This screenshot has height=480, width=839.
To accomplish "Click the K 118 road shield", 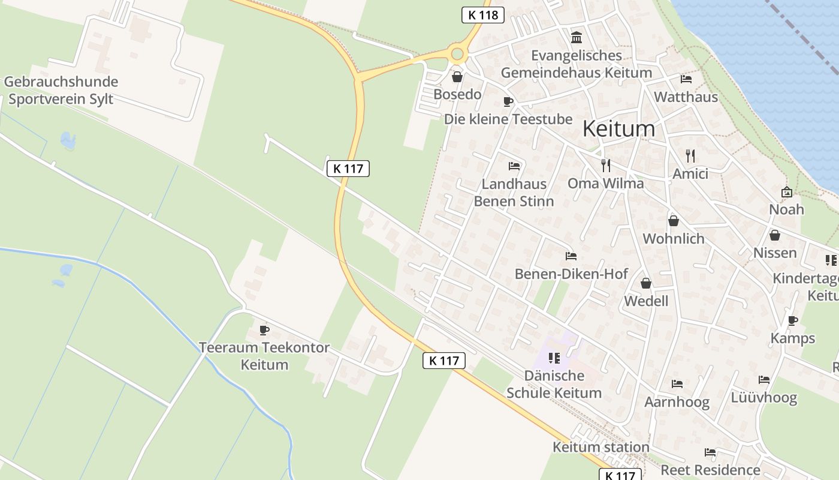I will pyautogui.click(x=483, y=15).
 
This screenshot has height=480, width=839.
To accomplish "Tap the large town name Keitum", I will pyautogui.click(x=618, y=128).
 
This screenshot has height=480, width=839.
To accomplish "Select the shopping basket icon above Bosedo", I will pyautogui.click(x=457, y=77).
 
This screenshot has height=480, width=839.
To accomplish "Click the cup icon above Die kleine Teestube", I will pyautogui.click(x=508, y=101).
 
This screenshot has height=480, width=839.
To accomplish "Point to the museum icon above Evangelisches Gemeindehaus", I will pyautogui.click(x=577, y=37).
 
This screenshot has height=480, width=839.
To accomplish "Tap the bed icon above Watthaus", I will pyautogui.click(x=686, y=79).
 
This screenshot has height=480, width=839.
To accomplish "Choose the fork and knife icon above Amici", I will pyautogui.click(x=690, y=156).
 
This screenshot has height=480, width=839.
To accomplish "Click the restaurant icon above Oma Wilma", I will pyautogui.click(x=606, y=166).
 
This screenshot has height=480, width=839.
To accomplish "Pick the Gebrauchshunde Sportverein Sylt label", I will pyautogui.click(x=61, y=90).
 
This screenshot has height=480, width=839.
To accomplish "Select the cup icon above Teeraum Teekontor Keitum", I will pyautogui.click(x=264, y=330).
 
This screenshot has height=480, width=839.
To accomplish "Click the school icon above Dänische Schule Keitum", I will pyautogui.click(x=554, y=358).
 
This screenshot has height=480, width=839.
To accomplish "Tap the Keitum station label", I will pyautogui.click(x=600, y=447).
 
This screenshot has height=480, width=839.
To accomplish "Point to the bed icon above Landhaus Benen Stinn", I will pyautogui.click(x=514, y=166).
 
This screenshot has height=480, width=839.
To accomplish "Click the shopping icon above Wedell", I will pyautogui.click(x=646, y=283).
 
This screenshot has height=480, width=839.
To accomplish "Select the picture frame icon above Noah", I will pyautogui.click(x=786, y=192).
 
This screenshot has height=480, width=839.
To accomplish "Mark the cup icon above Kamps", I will pyautogui.click(x=793, y=320).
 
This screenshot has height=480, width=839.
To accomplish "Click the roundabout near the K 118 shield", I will pyautogui.click(x=458, y=54).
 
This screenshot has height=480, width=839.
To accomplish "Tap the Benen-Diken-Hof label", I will pyautogui.click(x=571, y=274).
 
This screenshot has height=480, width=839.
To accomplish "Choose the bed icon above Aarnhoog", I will pyautogui.click(x=677, y=384).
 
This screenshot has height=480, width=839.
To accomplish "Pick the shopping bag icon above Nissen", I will pyautogui.click(x=775, y=235).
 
